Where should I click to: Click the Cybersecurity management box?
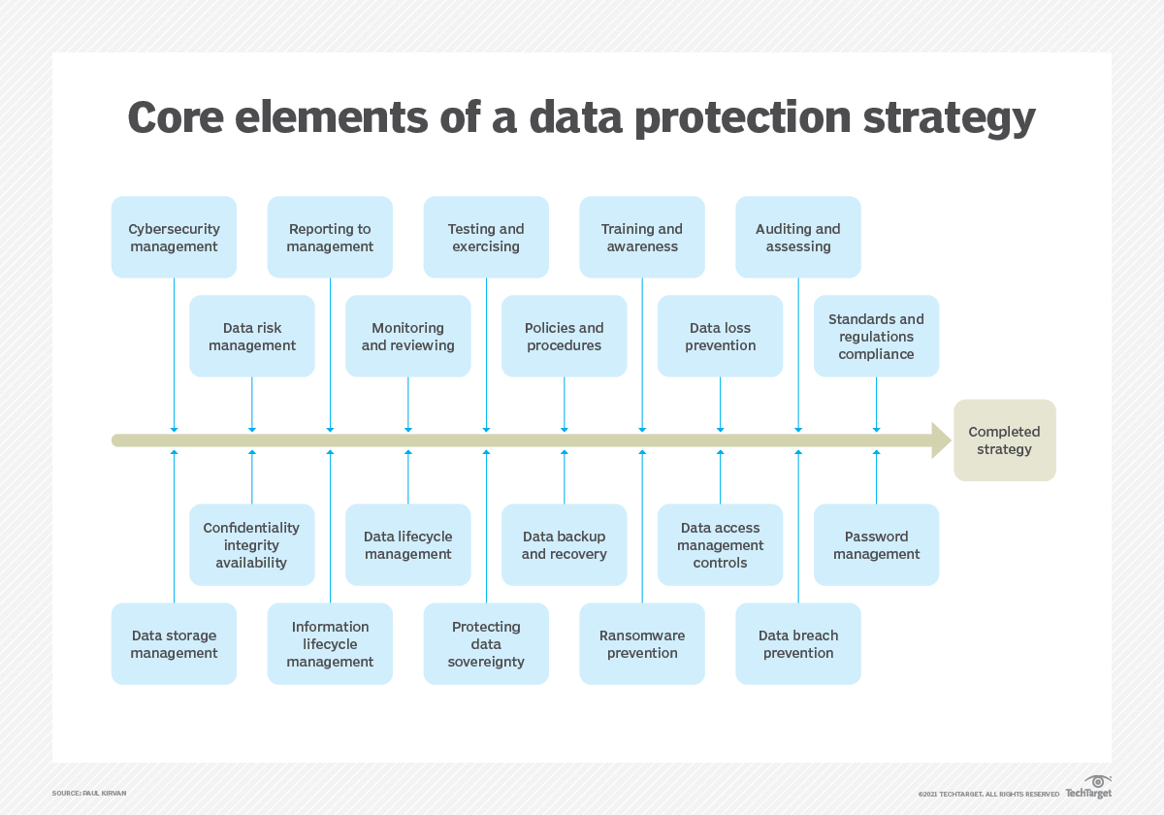click(175, 238)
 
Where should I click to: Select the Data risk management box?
click(252, 336)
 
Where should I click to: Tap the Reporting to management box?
click(330, 238)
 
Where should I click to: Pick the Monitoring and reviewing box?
click(408, 336)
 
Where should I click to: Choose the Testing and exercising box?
click(486, 238)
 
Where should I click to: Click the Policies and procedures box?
click(565, 336)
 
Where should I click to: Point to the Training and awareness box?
click(642, 238)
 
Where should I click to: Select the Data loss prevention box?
click(720, 336)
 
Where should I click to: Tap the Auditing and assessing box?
click(798, 238)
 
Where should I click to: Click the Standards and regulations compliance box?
click(876, 336)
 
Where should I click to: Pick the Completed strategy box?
click(1004, 440)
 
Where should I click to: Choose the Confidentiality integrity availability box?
click(252, 544)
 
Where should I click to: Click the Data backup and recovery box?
click(565, 544)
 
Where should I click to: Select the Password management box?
click(876, 544)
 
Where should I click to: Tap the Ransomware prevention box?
click(642, 644)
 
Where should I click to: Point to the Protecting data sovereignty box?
click(486, 644)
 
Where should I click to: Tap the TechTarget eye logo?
click(1097, 782)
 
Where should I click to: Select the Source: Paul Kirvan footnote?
click(89, 794)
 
